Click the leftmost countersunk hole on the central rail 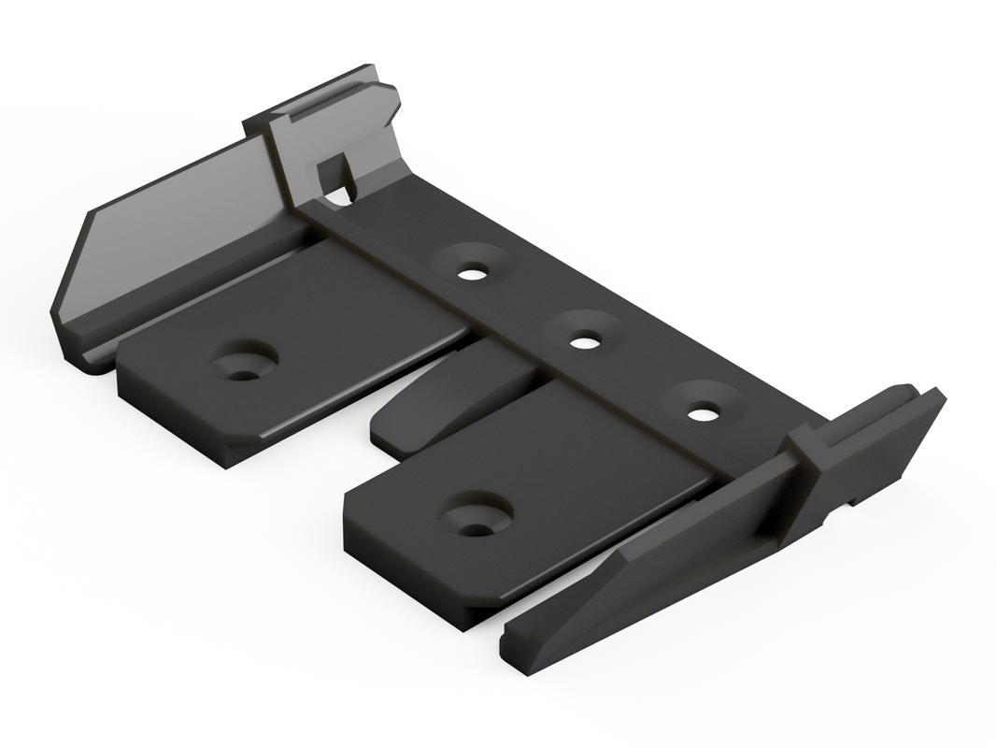click(473, 273)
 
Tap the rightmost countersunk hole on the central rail click(704, 410)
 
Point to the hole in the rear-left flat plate click(243, 372)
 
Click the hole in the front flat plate click(477, 528)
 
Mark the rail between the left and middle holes click(529, 309)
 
